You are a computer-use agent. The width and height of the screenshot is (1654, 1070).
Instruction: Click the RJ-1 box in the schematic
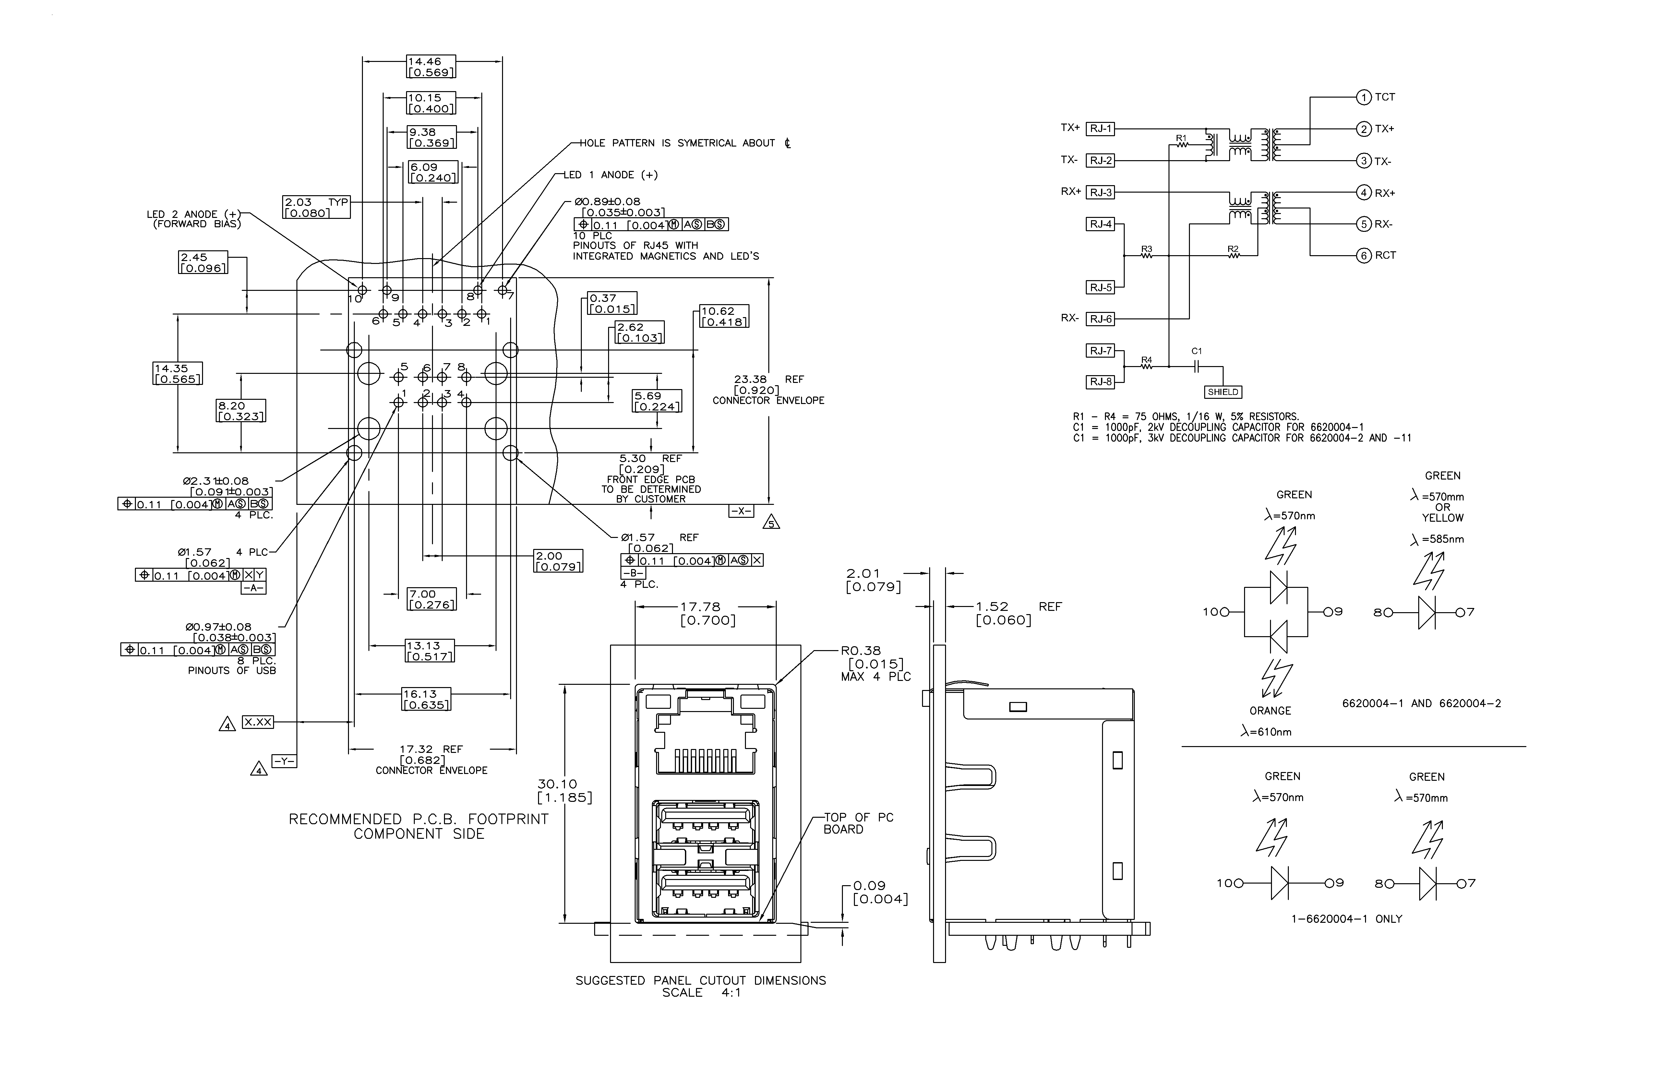1100,128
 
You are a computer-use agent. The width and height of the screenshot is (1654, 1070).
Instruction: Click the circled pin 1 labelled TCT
1363,97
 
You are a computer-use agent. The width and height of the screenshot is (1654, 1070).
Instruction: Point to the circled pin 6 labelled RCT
1363,256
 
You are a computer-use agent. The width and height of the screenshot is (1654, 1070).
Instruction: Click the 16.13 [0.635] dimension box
426,699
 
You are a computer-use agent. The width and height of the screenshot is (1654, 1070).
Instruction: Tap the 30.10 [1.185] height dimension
564,791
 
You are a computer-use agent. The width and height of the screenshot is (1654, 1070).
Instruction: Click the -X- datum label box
741,511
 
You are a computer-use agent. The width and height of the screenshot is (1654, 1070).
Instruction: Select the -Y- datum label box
283,762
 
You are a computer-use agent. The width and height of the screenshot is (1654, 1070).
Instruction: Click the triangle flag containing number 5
771,522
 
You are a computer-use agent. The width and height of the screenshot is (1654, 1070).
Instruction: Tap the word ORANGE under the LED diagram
1270,711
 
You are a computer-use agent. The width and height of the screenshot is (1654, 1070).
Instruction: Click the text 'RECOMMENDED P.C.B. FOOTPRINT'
418,819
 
